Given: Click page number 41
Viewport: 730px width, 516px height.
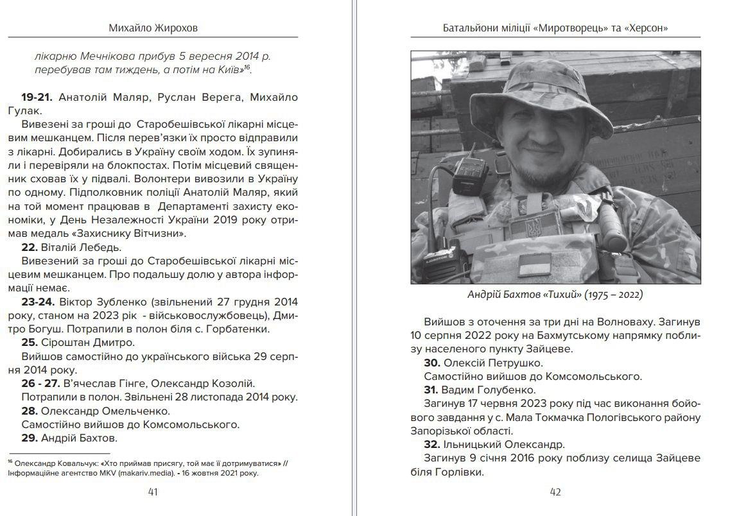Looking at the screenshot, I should coord(153,492).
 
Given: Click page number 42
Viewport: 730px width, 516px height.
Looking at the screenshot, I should coord(556,492).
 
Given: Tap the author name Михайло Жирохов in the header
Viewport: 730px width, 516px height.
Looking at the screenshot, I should coord(153,28).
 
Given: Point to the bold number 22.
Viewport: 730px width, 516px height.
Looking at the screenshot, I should coord(30,247).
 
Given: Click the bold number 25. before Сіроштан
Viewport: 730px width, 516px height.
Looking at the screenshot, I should coord(30,342).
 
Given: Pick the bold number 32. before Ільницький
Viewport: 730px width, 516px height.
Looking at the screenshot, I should coord(433,444).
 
